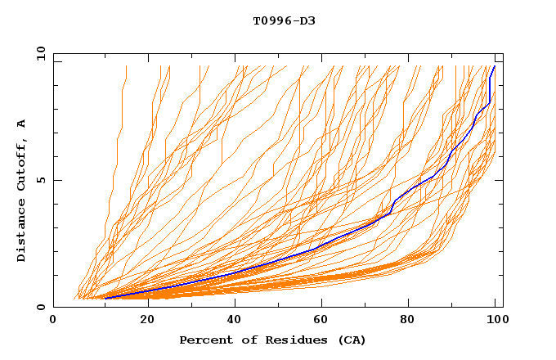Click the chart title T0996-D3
pyautogui.click(x=284, y=20)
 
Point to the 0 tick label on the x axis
pyautogui.click(x=53, y=320)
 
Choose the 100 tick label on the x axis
pyautogui.click(x=495, y=320)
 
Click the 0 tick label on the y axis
pyautogui.click(x=41, y=308)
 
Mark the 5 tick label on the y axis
pyautogui.click(x=41, y=180)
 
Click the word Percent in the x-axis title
pyautogui.click(x=204, y=340)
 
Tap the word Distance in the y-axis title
pyautogui.click(x=21, y=232)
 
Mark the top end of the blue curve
pyautogui.click(x=494, y=66)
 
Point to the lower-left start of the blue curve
pyautogui.click(x=105, y=299)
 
